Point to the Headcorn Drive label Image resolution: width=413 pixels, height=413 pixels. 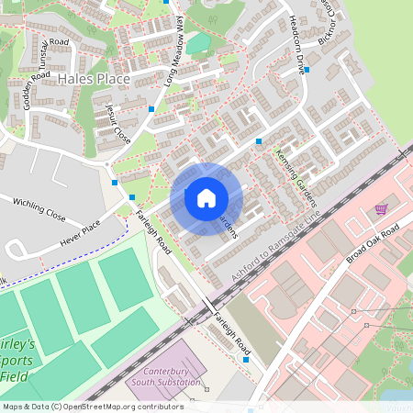pos(296,36)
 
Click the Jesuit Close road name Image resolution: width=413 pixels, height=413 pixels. pos(117,122)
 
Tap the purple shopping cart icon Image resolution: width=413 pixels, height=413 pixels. pos(380,210)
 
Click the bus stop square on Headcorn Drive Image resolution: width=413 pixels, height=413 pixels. pos(307,69)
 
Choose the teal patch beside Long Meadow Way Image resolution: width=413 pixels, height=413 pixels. pos(198,44)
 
